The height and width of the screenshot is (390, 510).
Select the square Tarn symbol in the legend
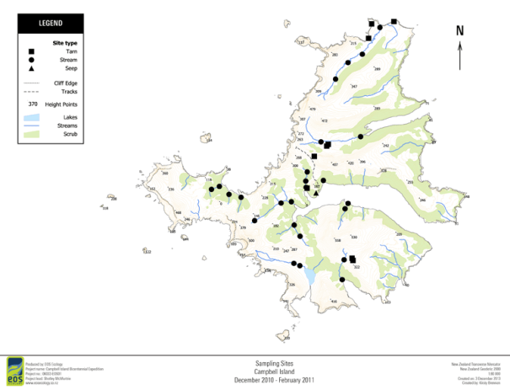tap(30, 52)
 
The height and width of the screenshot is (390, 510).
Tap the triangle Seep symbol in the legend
tap(30, 69)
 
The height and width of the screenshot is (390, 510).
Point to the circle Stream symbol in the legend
tap(30, 61)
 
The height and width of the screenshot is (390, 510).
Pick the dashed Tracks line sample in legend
tap(32, 92)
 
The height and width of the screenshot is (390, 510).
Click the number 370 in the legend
tap(32, 104)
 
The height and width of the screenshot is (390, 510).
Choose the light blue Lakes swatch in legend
tap(32, 115)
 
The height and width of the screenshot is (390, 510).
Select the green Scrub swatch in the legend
tap(32, 133)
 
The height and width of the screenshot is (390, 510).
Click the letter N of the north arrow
tap(459, 31)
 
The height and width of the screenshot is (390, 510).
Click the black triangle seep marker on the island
tap(316, 193)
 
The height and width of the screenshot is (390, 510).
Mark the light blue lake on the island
tap(310, 276)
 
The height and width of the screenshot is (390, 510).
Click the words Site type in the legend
tap(65, 42)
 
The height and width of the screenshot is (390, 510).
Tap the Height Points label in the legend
tap(70, 104)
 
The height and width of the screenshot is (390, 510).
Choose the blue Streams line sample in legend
tap(32, 125)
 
